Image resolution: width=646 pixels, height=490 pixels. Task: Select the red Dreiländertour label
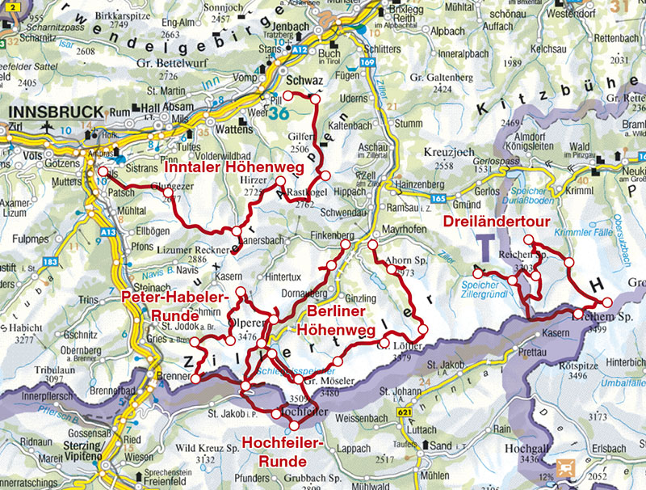point(493,222)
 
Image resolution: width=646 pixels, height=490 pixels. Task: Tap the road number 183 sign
point(51,261)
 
